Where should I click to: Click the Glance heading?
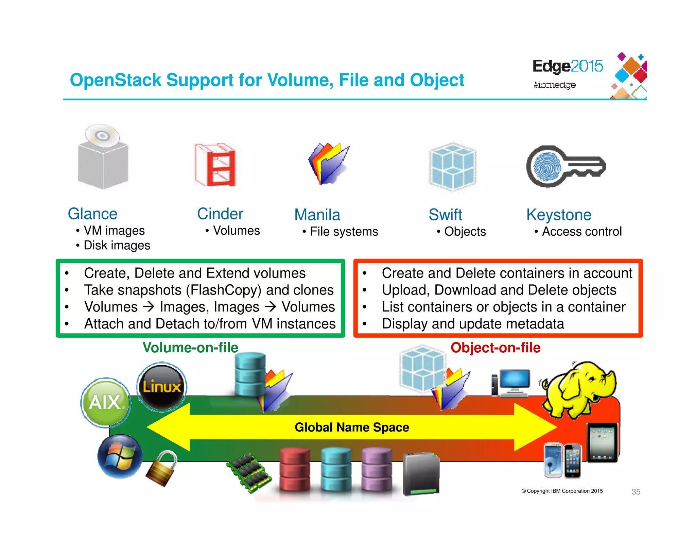pyautogui.click(x=92, y=214)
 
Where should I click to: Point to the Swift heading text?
pyautogui.click(x=445, y=215)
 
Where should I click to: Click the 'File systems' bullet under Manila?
pyautogui.click(x=344, y=232)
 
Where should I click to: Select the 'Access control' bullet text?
pyautogui.click(x=581, y=232)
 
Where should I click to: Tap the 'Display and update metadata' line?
pyautogui.click(x=473, y=324)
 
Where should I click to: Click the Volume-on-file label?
pyautogui.click(x=190, y=348)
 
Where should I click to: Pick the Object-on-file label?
pyautogui.click(x=495, y=348)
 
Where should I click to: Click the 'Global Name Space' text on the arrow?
pyautogui.click(x=352, y=427)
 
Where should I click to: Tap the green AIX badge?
pyautogui.click(x=106, y=402)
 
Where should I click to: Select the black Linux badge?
pyautogui.click(x=162, y=387)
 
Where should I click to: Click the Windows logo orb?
pyautogui.click(x=120, y=457)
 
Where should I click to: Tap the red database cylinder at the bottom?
pyautogui.click(x=295, y=469)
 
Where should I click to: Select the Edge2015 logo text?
pyautogui.click(x=567, y=66)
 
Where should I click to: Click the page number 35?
pyautogui.click(x=636, y=492)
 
